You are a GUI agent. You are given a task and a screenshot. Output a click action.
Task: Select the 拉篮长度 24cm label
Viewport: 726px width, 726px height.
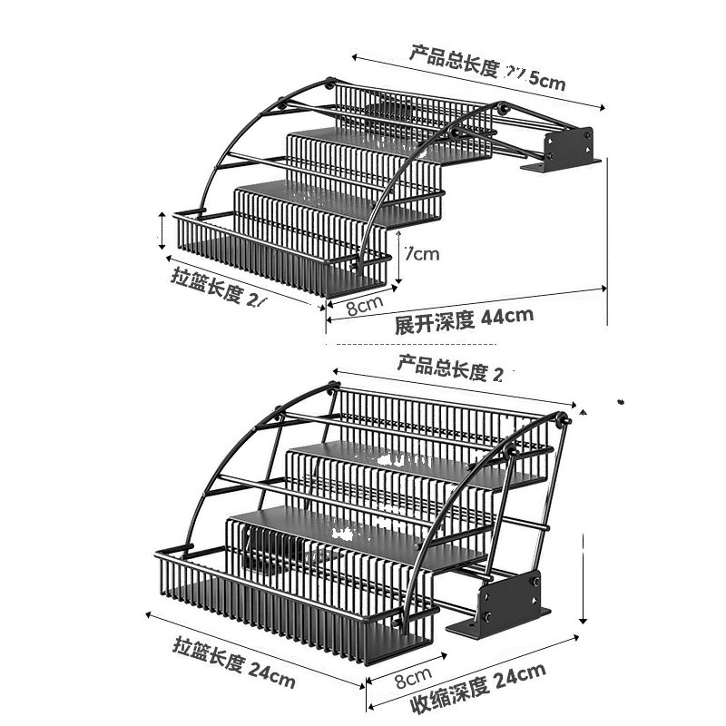click(233, 664)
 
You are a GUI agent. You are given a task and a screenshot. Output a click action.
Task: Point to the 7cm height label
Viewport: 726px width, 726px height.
click(421, 253)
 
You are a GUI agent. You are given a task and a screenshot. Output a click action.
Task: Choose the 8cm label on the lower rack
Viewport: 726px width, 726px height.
click(411, 677)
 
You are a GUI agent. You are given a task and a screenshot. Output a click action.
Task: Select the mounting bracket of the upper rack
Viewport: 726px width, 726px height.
click(562, 149)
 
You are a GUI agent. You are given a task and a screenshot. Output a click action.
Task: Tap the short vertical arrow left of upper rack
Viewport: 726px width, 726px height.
click(162, 231)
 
